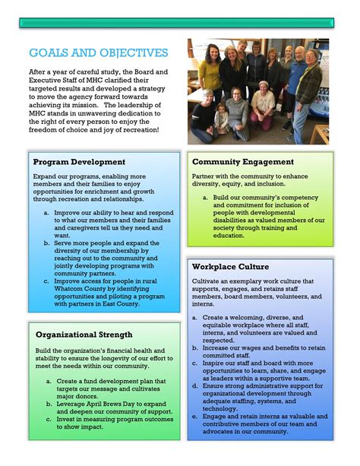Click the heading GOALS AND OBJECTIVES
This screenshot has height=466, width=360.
(x=98, y=53)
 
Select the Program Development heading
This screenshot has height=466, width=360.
(x=79, y=162)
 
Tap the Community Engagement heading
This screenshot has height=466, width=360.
(x=242, y=162)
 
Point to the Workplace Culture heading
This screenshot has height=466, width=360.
(x=230, y=267)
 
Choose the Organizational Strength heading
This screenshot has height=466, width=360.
(x=84, y=334)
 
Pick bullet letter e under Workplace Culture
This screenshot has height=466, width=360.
(x=195, y=416)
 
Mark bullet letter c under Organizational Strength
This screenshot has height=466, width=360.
(x=49, y=418)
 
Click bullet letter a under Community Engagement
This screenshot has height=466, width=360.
(x=205, y=198)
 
